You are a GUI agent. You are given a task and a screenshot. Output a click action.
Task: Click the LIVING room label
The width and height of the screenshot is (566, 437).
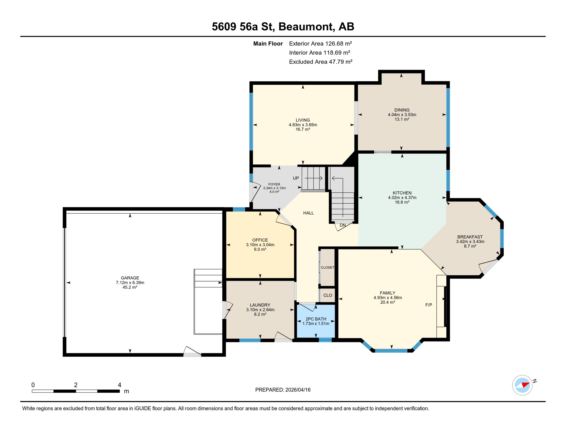point(303,120)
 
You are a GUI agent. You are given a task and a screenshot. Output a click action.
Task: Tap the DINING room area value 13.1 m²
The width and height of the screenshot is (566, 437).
point(402,119)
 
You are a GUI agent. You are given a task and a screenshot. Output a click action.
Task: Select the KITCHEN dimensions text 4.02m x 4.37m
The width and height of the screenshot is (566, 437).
point(402,198)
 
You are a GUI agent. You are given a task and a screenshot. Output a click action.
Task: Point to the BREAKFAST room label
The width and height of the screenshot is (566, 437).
point(470,237)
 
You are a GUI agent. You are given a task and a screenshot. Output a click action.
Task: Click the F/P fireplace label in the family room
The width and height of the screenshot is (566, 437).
point(428,305)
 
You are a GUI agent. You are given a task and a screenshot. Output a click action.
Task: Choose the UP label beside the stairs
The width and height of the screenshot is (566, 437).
point(296,178)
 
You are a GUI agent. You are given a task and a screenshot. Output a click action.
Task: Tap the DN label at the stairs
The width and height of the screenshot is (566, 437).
point(343,225)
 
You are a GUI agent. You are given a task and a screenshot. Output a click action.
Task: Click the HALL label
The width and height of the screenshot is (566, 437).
point(308,213)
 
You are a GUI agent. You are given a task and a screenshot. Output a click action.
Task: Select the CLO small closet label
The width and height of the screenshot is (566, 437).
point(328,295)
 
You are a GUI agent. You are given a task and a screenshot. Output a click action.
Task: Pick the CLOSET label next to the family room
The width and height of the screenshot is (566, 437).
point(327,268)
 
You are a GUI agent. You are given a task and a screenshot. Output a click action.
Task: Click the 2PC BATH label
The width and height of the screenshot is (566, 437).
point(316,319)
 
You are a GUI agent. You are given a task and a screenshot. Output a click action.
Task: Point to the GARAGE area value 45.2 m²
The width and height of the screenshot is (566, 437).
point(130,287)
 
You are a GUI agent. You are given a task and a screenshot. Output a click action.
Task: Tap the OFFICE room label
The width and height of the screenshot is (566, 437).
point(260,240)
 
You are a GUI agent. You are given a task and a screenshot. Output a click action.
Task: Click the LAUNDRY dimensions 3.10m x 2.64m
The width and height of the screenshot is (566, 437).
point(260,310)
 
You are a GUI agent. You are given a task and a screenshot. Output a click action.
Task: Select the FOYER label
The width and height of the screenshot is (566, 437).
point(274,184)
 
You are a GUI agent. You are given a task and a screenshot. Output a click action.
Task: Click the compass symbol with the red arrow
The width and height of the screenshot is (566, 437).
point(522,385)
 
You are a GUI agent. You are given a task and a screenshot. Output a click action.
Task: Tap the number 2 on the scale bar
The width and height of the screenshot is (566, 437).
point(76,385)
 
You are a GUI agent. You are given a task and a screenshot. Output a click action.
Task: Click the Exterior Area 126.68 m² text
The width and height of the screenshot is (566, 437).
point(320,44)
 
